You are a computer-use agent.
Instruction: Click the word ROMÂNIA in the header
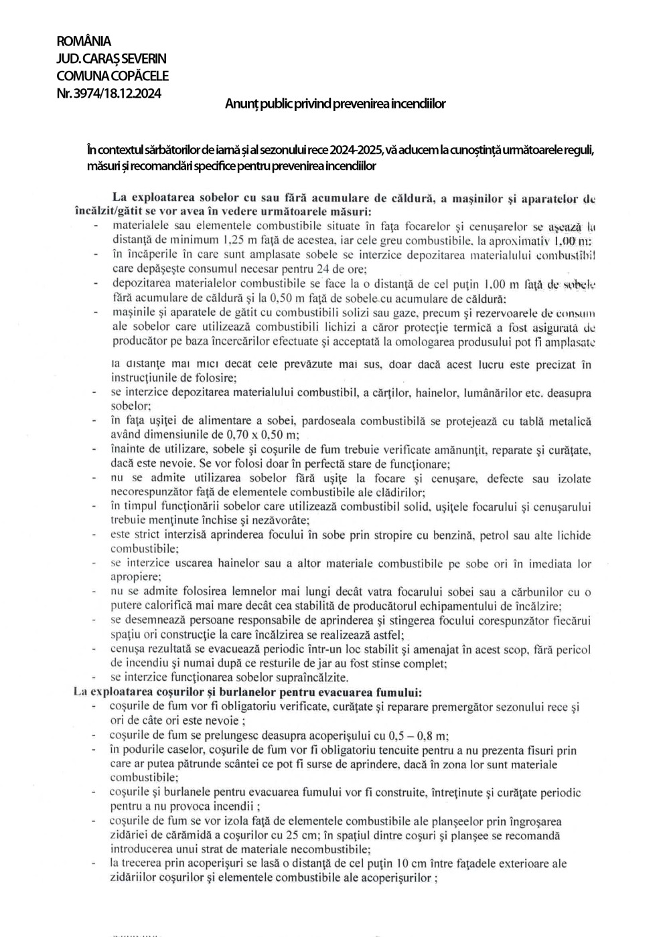[x=84, y=42]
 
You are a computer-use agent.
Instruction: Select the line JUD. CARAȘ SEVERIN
[x=111, y=60]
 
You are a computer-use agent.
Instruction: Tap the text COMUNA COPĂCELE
[x=113, y=76]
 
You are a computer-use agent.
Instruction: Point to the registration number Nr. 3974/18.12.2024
[x=109, y=94]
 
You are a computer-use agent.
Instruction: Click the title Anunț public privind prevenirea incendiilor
[x=335, y=104]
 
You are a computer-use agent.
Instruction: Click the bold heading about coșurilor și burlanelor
[x=247, y=691]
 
